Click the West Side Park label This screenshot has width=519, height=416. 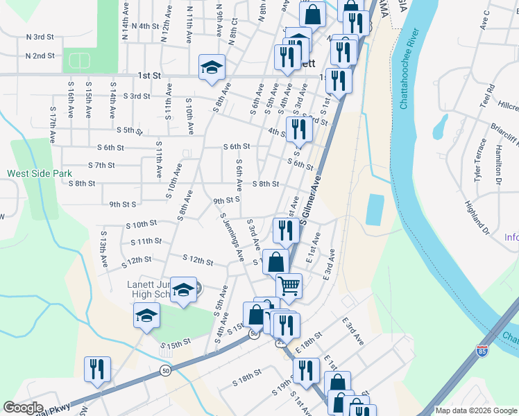click(39, 173)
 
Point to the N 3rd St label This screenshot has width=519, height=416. click(40, 37)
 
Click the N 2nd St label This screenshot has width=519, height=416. click(40, 56)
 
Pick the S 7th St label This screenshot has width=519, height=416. click(101, 165)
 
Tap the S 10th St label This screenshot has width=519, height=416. click(142, 225)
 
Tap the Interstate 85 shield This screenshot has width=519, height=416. click(484, 352)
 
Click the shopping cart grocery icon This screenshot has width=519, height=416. click(289, 284)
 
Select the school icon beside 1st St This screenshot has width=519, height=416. click(212, 67)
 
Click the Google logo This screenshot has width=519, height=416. click(23, 408)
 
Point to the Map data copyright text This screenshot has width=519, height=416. click(476, 410)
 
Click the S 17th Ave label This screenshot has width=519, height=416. click(53, 129)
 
